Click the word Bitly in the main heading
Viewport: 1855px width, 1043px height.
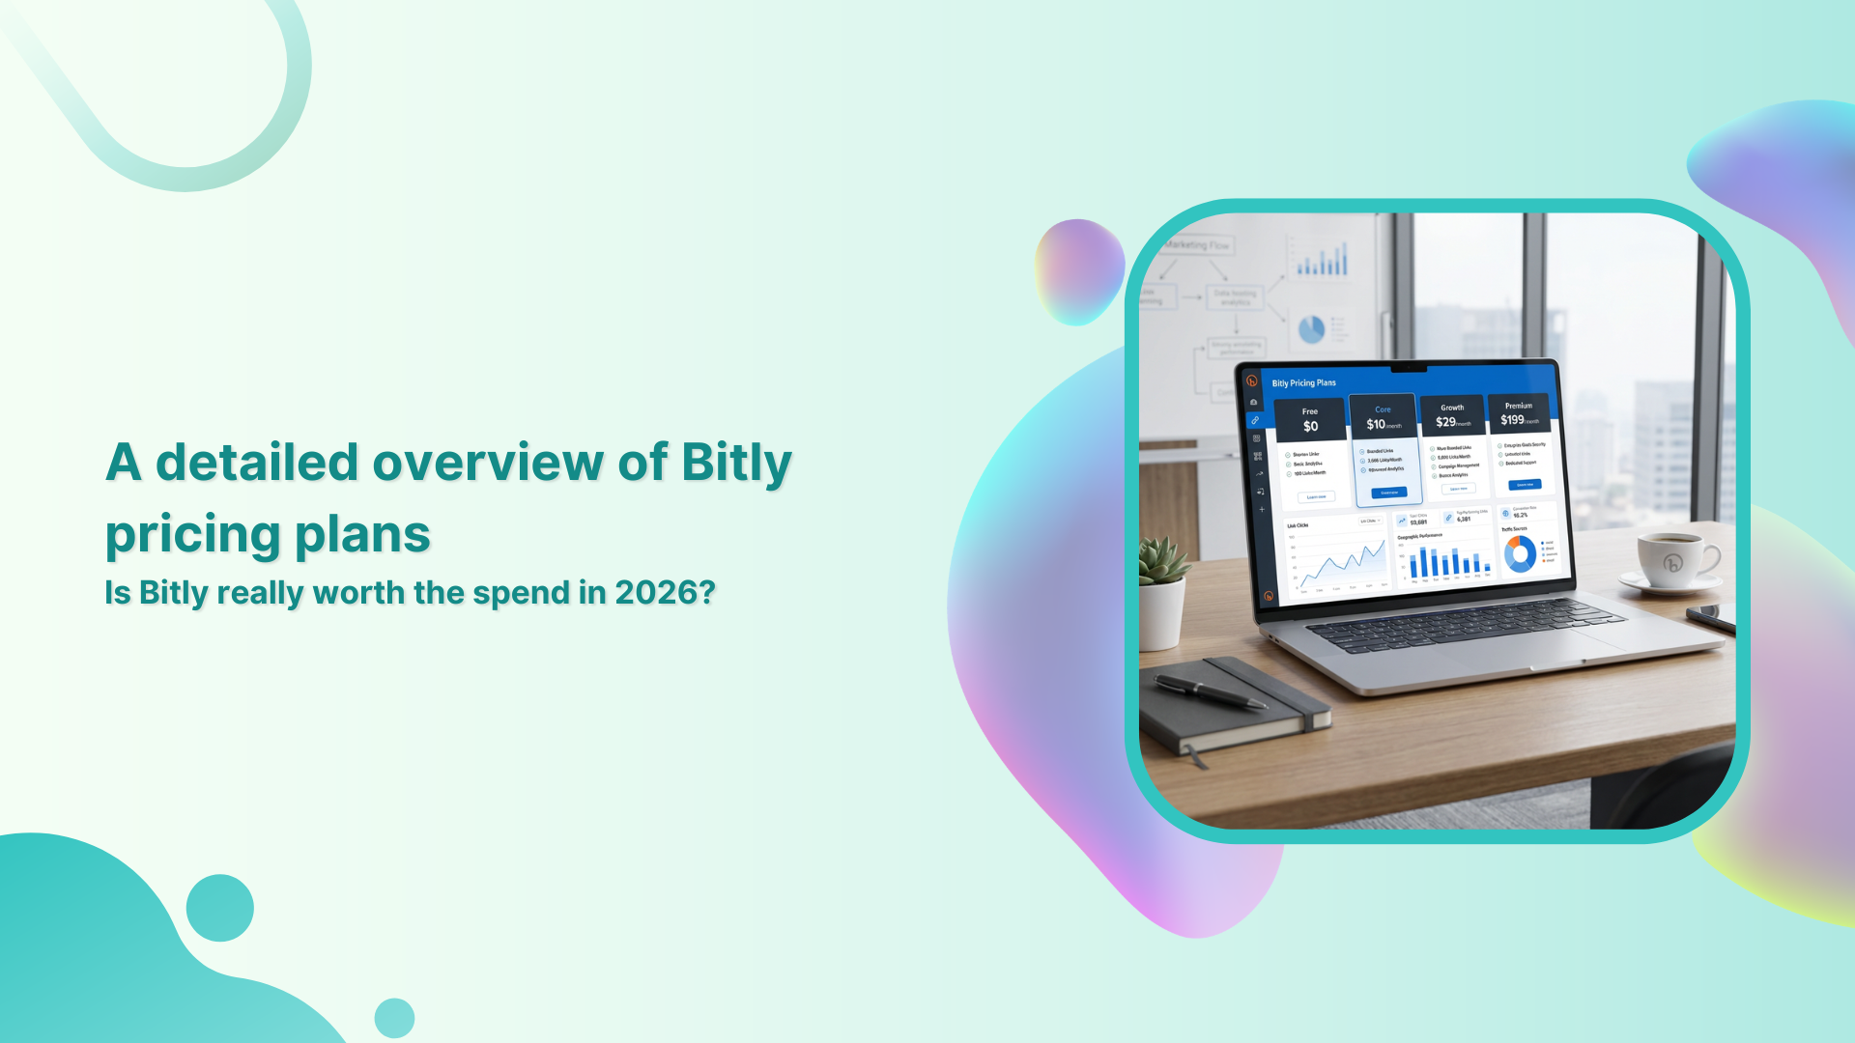point(736,463)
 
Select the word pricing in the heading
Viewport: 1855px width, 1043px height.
point(193,535)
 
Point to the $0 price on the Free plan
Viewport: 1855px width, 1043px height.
point(1310,426)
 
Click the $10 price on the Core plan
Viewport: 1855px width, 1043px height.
point(1376,424)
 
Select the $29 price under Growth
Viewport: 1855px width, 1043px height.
point(1445,422)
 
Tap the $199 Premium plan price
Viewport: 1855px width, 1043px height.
point(1512,419)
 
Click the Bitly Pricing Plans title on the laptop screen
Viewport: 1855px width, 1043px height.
point(1303,383)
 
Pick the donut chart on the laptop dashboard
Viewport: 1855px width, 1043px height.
point(1520,554)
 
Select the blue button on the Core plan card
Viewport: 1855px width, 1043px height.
point(1388,493)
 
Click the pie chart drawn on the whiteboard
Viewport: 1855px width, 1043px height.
point(1311,329)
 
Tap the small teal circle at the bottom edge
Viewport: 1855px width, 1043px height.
point(394,1018)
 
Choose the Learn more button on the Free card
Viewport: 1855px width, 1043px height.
point(1316,497)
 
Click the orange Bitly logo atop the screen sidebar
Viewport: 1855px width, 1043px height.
point(1252,381)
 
